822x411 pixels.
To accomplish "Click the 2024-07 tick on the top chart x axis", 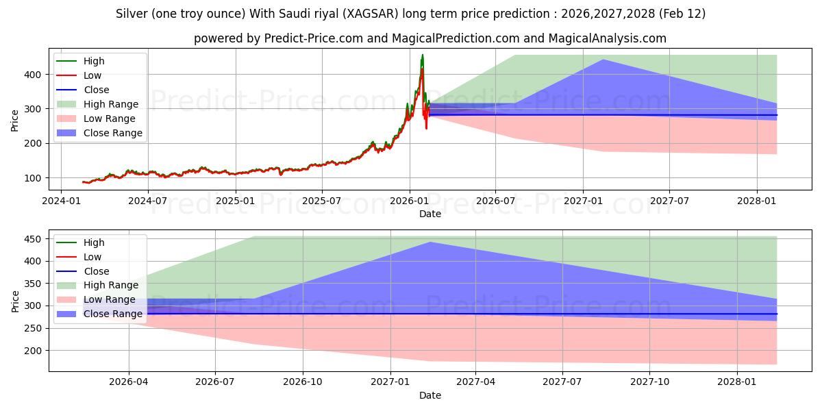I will point(148,201).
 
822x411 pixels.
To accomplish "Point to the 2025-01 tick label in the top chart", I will point(236,201).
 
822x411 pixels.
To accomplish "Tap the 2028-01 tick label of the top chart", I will point(757,201).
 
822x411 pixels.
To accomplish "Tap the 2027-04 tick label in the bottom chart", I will point(475,382).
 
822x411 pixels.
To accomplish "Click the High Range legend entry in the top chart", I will point(111,104).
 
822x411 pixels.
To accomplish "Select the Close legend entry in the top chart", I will point(97,90).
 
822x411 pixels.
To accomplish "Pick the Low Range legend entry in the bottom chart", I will point(110,299).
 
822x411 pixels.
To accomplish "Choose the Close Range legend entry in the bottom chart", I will point(113,314).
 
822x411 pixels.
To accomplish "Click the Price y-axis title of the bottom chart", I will point(16,301).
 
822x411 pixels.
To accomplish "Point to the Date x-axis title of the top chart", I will point(429,214).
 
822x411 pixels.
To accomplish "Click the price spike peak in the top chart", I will point(422,55).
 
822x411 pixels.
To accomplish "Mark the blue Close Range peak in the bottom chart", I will point(430,242).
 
